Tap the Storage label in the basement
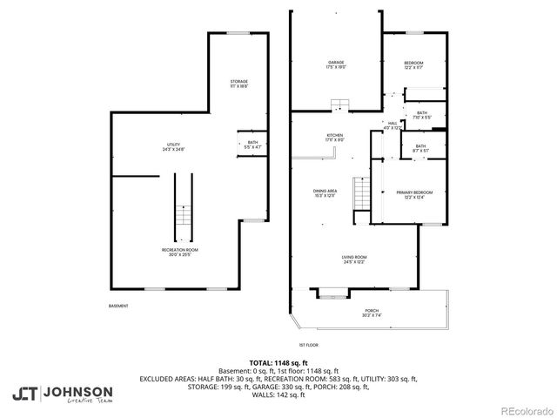(239, 83)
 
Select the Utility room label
(174, 145)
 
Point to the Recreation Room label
(179, 252)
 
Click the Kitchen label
(335, 136)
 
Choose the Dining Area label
(325, 192)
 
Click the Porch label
(372, 312)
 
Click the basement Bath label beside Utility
(252, 144)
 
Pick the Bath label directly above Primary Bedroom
(420, 147)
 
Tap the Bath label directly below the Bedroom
(421, 114)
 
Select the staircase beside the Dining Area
(360, 192)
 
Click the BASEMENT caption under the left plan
(118, 306)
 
